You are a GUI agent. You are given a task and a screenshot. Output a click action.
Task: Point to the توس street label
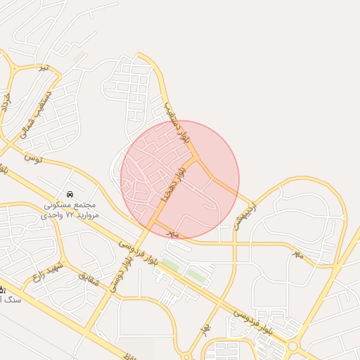(x=32, y=158)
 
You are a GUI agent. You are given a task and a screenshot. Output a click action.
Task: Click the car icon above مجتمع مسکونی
(x=69, y=193)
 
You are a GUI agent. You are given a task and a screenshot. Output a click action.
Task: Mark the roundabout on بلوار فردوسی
(x=293, y=346)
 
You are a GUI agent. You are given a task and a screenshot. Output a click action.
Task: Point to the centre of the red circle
(x=180, y=179)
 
